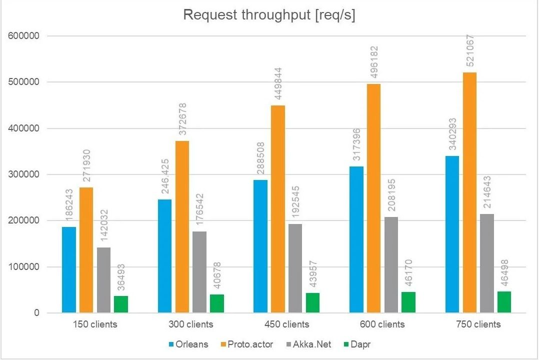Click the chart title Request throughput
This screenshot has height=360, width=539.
269,15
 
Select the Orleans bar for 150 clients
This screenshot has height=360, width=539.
69,270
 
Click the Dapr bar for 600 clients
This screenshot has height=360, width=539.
408,302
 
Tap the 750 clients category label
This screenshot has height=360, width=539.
478,324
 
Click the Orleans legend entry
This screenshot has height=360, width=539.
188,344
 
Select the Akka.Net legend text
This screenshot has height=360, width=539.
313,344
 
